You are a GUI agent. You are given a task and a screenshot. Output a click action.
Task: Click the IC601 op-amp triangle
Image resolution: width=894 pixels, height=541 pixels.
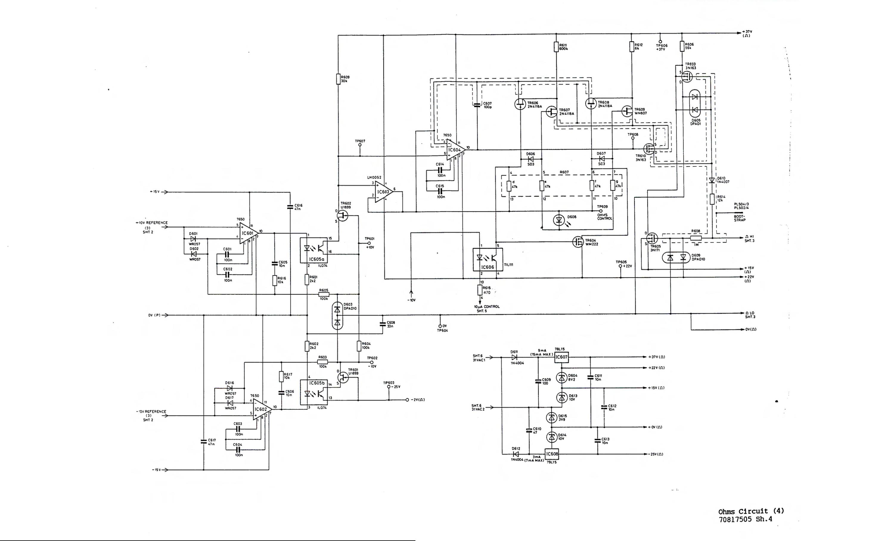(248, 233)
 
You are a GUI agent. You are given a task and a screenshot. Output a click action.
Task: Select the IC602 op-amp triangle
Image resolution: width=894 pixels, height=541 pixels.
(262, 409)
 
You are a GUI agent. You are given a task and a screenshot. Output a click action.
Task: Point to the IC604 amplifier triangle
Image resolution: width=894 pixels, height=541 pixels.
(455, 150)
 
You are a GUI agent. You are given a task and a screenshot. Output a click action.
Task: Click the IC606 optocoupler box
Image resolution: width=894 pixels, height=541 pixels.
(488, 260)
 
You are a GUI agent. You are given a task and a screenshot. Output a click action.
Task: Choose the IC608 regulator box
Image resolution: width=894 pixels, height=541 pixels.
(552, 454)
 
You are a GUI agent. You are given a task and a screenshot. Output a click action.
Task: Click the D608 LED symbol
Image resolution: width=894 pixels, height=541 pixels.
(559, 220)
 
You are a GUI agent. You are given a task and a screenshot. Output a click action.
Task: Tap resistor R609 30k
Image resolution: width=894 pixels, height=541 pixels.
(338, 79)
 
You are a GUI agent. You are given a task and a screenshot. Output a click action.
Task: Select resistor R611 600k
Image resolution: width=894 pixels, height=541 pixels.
(556, 47)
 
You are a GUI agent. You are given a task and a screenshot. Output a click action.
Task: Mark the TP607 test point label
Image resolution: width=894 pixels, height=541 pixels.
(360, 141)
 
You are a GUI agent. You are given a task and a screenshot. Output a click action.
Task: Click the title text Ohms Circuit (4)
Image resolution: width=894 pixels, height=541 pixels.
(751, 511)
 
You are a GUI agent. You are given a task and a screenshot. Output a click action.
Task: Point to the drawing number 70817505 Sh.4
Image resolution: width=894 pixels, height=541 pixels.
(745, 519)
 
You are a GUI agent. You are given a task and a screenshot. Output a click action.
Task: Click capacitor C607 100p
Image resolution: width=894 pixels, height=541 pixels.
(477, 105)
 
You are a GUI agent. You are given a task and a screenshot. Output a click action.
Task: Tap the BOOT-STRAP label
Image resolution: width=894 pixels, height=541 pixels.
(739, 218)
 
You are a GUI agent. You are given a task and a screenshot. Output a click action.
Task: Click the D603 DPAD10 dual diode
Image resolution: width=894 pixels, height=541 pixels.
(337, 316)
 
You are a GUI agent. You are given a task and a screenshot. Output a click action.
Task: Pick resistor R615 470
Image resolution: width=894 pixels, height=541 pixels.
(480, 290)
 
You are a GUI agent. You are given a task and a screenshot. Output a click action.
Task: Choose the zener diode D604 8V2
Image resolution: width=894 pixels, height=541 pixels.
(562, 378)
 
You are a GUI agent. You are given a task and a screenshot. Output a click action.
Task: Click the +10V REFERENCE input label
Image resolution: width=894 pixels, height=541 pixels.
(152, 223)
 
